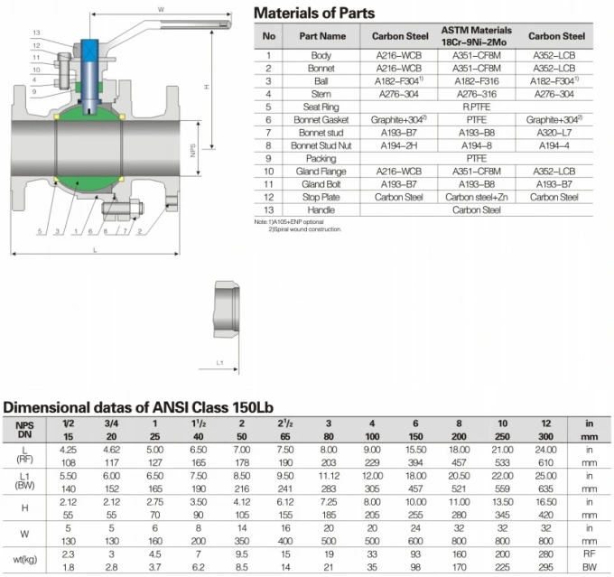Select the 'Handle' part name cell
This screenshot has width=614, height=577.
[317, 209]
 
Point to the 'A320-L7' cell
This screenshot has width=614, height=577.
[554, 132]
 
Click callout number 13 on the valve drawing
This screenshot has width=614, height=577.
[35, 33]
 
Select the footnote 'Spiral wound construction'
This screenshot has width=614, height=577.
[304, 229]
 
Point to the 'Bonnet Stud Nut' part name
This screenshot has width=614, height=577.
[317, 144]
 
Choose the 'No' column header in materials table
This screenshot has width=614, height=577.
[267, 36]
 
